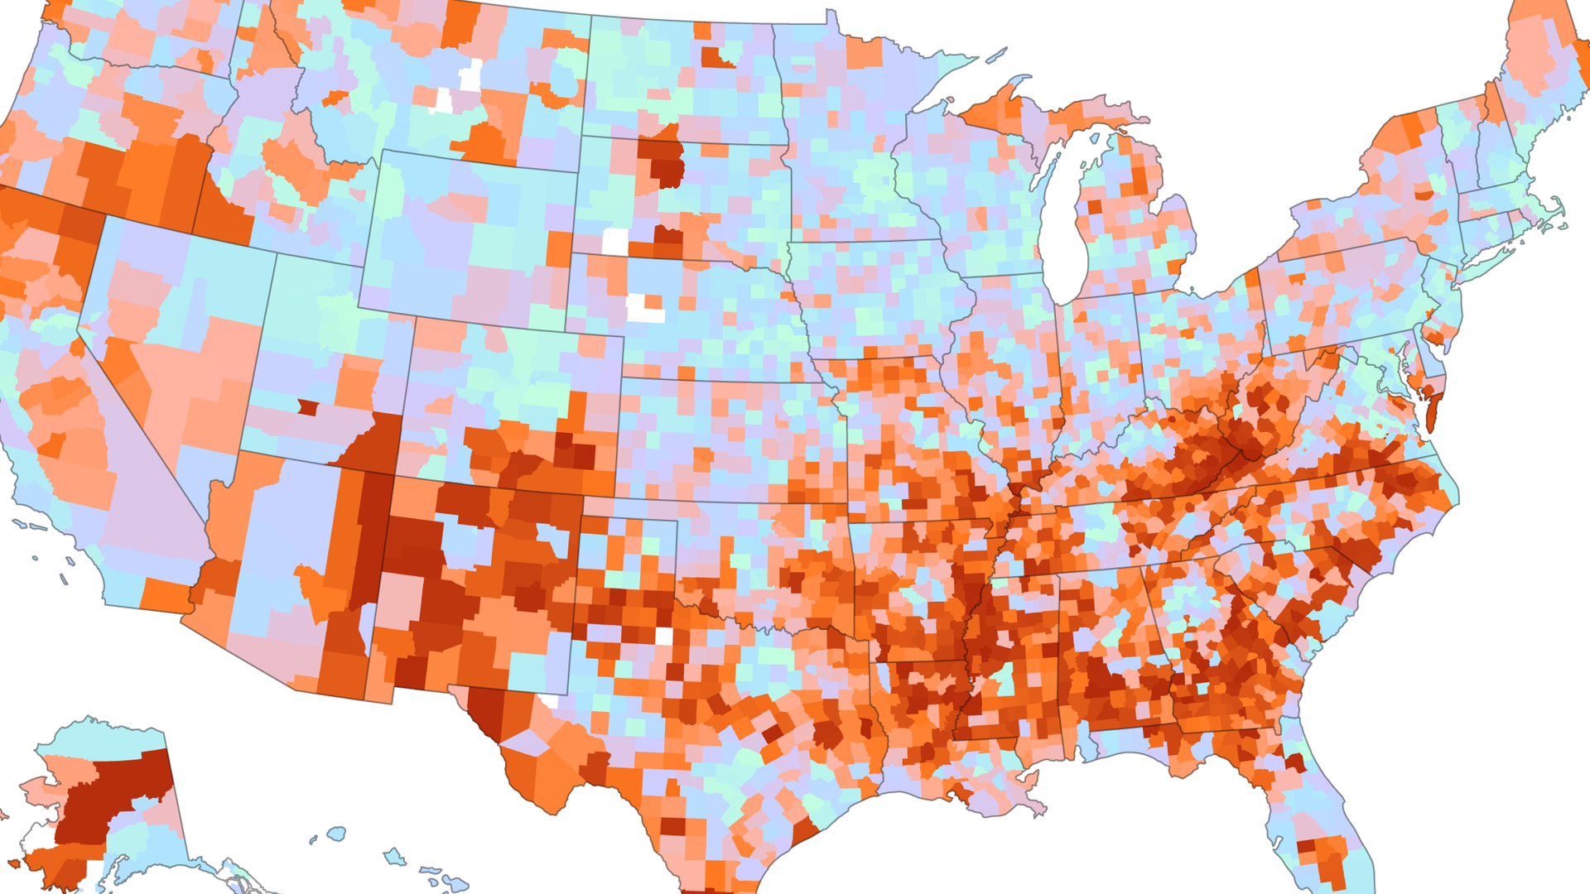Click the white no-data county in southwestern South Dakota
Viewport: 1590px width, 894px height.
click(614, 242)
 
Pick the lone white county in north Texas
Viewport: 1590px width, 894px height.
click(663, 636)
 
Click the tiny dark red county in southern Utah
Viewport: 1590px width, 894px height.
click(307, 407)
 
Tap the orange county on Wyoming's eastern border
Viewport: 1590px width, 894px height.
click(559, 248)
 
